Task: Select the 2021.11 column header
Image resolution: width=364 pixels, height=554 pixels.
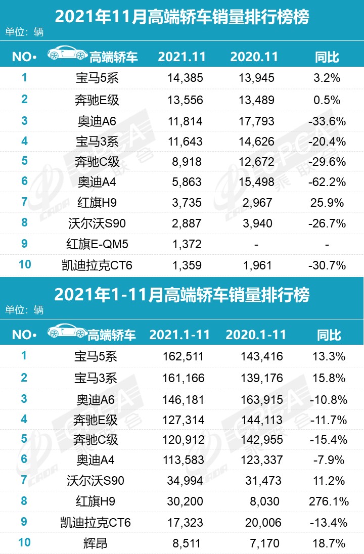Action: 181,57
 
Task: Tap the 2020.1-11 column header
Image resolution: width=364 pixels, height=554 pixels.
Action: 256,335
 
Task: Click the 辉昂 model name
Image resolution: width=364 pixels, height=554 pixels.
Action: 96,544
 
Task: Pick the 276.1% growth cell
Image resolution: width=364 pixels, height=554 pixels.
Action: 328,501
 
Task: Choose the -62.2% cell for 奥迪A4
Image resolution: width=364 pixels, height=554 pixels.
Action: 328,182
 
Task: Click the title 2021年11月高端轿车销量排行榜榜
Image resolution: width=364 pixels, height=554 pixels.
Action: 181,18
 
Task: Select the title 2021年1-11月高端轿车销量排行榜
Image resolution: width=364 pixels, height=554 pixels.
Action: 181,294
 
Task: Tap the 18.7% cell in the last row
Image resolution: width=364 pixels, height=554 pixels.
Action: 329,544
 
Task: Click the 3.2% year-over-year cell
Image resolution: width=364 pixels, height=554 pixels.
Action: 327,78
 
